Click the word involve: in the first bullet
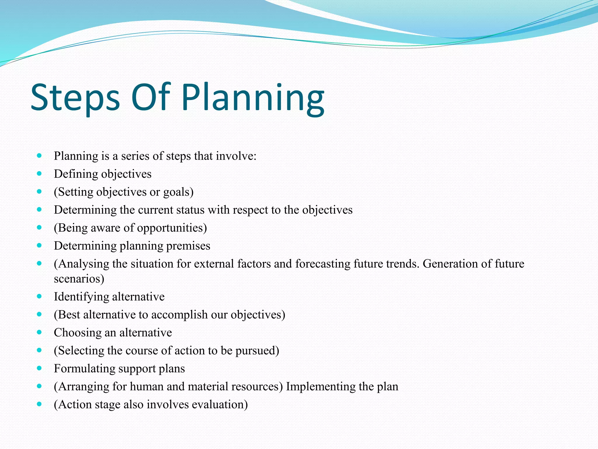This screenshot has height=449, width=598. click(x=236, y=156)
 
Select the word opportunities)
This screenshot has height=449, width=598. click(x=172, y=228)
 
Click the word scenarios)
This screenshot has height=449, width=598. click(x=79, y=279)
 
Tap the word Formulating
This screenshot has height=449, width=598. click(x=84, y=369)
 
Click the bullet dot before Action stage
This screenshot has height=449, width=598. click(x=39, y=404)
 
